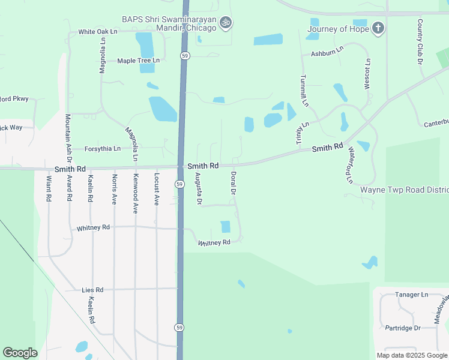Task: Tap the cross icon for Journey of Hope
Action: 378,28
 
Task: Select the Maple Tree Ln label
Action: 139,61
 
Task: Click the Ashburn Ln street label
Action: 327,52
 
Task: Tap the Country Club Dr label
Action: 421,41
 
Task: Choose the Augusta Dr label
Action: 198,188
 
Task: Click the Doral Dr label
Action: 234,183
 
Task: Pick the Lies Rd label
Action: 92,290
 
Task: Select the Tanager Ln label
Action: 411,295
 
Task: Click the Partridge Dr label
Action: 403,328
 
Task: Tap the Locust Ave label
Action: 156,189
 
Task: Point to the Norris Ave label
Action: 114,189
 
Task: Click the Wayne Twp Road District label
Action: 404,190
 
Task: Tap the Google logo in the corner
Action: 20,353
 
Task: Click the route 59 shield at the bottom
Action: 179,327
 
